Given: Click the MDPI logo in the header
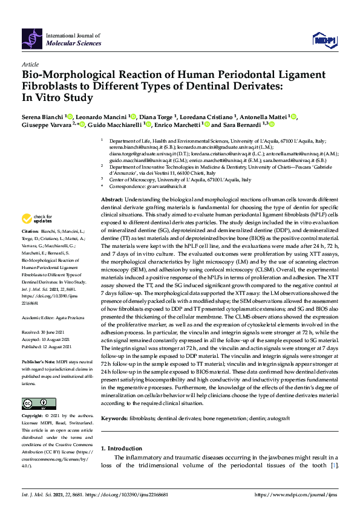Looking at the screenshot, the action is click(x=323, y=39).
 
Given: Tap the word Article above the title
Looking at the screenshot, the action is click(x=30, y=63).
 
